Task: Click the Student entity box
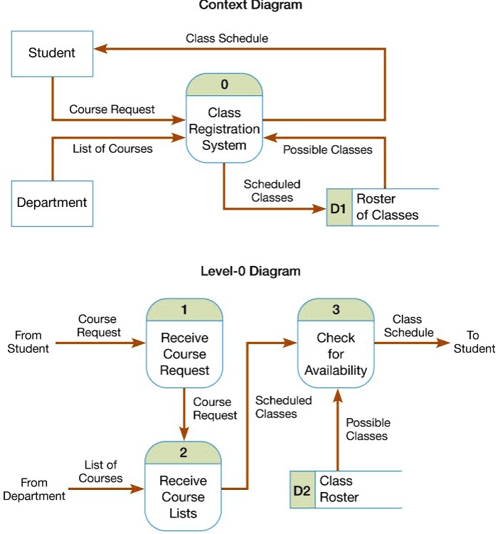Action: pyautogui.click(x=51, y=53)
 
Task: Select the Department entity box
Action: pyautogui.click(x=52, y=203)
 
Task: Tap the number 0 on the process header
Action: pyautogui.click(x=225, y=85)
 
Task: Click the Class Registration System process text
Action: pyautogui.click(x=224, y=129)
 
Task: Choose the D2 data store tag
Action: pyautogui.click(x=302, y=490)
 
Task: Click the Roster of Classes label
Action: pyautogui.click(x=387, y=207)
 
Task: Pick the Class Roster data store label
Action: pyautogui.click(x=339, y=490)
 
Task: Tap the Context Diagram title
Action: pyautogui.click(x=250, y=6)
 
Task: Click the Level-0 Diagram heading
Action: pyautogui.click(x=250, y=271)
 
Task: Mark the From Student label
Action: pyautogui.click(x=28, y=342)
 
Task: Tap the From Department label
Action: pyautogui.click(x=34, y=489)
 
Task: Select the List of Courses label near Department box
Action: pyautogui.click(x=112, y=149)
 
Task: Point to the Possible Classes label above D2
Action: pyautogui.click(x=368, y=429)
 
